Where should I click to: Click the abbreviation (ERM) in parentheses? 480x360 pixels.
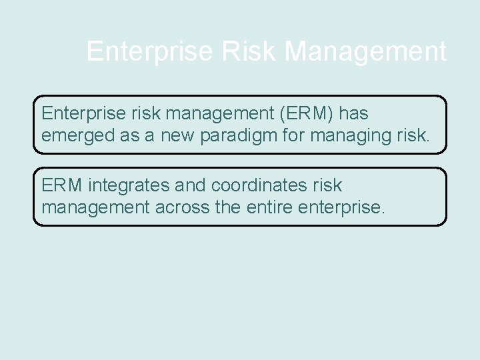pos(297,113)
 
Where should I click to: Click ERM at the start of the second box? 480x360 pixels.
pos(62,185)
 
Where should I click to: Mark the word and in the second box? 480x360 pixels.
pos(190,185)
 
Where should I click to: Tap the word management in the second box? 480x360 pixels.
pos(95,207)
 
